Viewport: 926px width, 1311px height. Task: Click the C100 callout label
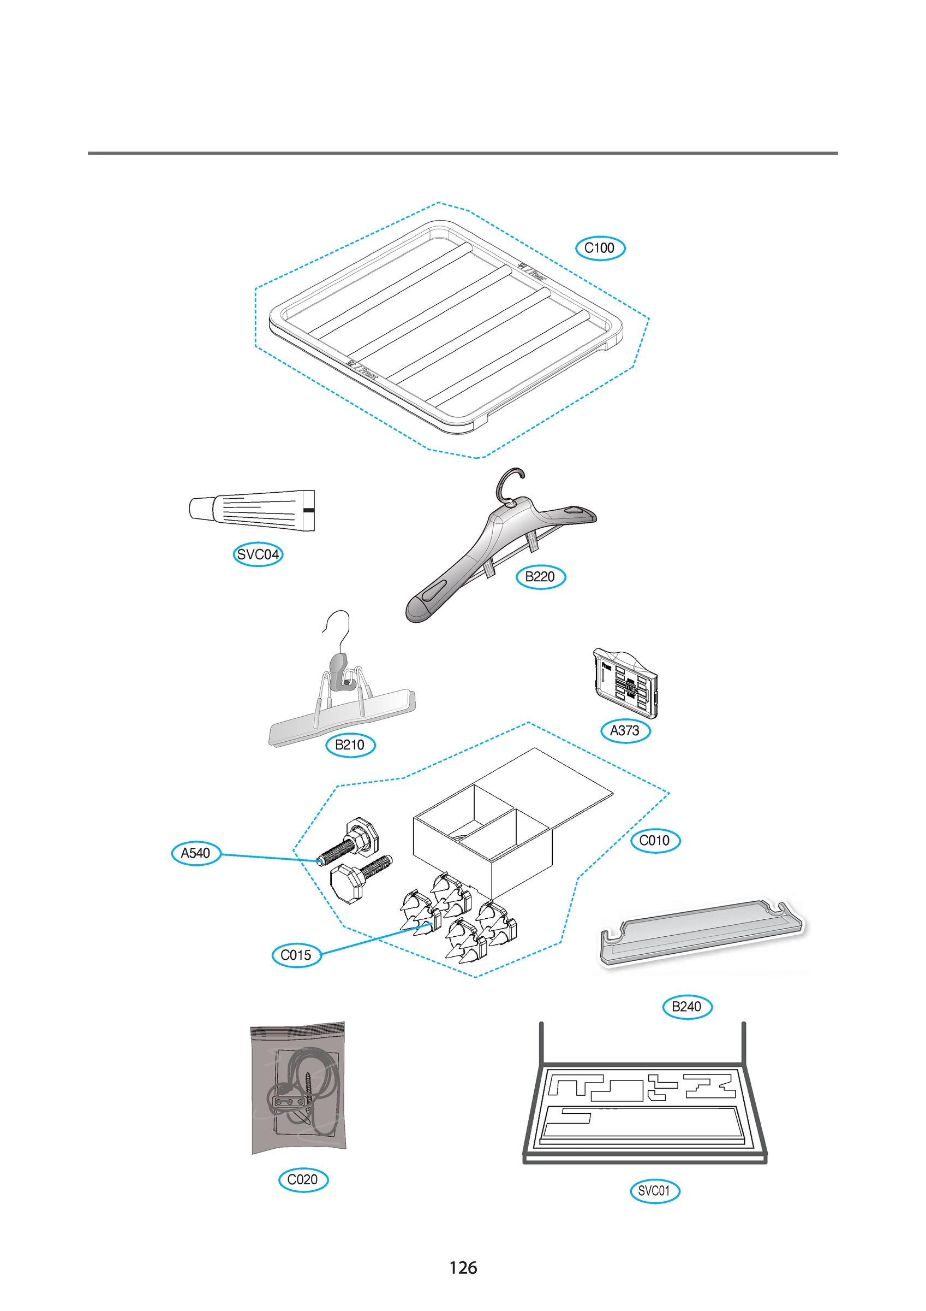[600, 249]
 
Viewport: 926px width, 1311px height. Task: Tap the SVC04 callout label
[258, 554]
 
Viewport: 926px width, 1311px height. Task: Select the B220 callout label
[540, 577]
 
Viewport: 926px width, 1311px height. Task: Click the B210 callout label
[350, 745]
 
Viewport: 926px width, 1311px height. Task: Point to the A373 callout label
[625, 731]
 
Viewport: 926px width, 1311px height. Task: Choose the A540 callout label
[196, 853]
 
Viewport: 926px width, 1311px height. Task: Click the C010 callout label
[655, 841]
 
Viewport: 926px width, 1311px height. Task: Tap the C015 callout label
[296, 955]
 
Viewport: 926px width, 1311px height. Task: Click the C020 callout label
[303, 1180]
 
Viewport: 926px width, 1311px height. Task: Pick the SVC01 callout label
[654, 1191]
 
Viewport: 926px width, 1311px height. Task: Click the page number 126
[463, 1268]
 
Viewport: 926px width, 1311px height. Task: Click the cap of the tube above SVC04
[200, 508]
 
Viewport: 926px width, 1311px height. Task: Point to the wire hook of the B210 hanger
[339, 628]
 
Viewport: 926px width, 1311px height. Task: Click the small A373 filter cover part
[625, 683]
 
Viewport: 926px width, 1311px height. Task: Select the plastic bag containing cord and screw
[298, 1088]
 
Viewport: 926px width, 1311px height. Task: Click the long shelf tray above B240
[701, 932]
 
